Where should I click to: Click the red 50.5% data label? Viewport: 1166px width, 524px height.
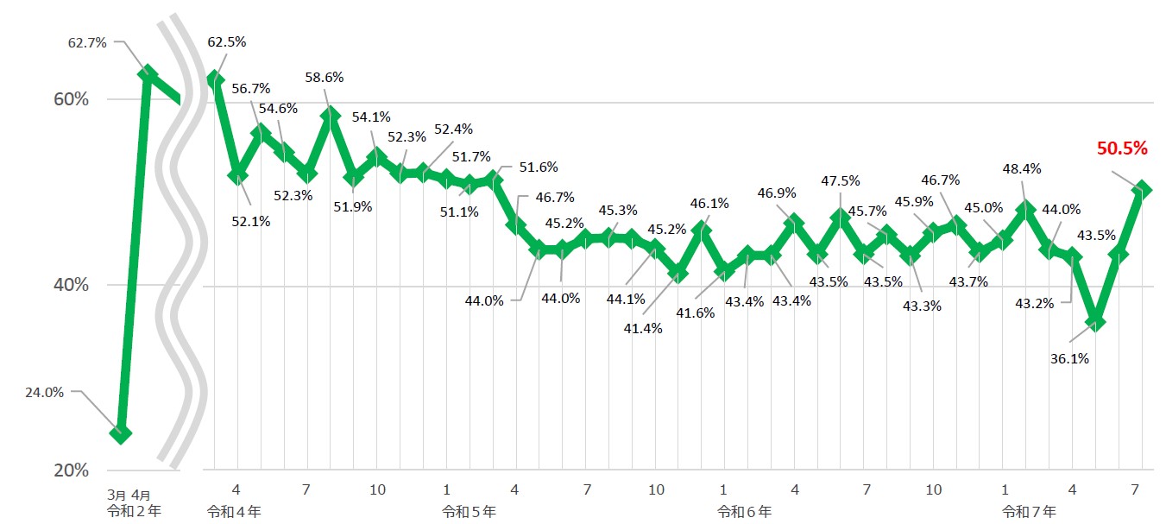(x=1122, y=148)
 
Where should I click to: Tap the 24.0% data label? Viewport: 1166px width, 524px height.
(x=45, y=391)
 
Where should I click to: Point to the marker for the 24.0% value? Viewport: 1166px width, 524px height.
(x=122, y=433)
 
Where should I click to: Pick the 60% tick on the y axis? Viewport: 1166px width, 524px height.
(x=71, y=99)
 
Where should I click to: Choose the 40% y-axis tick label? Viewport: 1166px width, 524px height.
(x=71, y=285)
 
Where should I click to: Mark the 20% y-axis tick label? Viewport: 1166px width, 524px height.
(x=71, y=470)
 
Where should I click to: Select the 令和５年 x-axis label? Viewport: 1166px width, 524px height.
(x=469, y=511)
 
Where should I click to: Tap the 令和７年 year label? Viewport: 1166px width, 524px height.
(x=1029, y=511)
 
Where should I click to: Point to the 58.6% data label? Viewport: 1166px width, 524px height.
(x=325, y=77)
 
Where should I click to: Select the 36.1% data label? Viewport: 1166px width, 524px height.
(x=1069, y=358)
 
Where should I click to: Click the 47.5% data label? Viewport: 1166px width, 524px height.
(x=841, y=180)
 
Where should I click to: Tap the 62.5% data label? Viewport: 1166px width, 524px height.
(x=227, y=41)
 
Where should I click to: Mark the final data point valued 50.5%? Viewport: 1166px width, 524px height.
(x=1142, y=188)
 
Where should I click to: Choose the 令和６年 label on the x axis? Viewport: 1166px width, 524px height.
(x=744, y=511)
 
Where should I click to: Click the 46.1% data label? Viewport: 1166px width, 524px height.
(x=709, y=204)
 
